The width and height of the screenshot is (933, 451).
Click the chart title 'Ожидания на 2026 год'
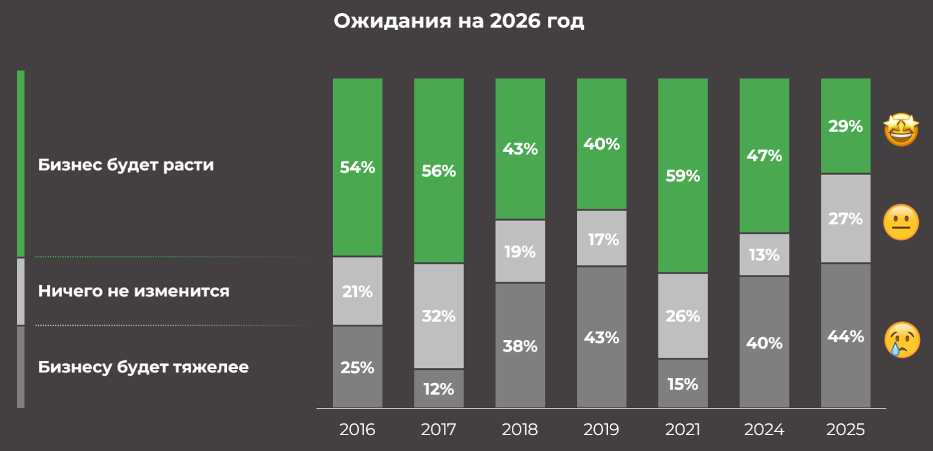(459, 21)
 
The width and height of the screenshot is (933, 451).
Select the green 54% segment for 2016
(357, 167)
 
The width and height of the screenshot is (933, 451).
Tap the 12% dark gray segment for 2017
(439, 388)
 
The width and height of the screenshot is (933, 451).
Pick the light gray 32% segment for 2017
(439, 316)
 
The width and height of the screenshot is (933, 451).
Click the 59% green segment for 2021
(683, 175)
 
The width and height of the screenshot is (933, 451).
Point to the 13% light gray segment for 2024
(764, 255)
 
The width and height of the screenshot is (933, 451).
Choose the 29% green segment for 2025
(845, 126)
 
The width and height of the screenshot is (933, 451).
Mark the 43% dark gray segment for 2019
(601, 337)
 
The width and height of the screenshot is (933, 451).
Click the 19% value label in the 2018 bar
(520, 252)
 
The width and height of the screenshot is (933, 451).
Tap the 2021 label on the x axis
(683, 430)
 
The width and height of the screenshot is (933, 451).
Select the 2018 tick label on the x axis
(520, 430)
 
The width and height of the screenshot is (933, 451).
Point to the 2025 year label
(845, 430)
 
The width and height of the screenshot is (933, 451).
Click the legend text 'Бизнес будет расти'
(126, 165)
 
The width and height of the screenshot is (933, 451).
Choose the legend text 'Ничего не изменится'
(134, 291)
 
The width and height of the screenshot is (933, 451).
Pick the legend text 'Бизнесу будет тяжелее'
(143, 367)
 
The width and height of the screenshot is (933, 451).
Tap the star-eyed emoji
(901, 129)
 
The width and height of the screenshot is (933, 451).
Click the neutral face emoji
(901, 222)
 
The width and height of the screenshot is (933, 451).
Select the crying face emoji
(902, 339)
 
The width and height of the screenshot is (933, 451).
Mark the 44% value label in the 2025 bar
(845, 336)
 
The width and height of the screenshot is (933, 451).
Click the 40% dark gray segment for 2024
(764, 342)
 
